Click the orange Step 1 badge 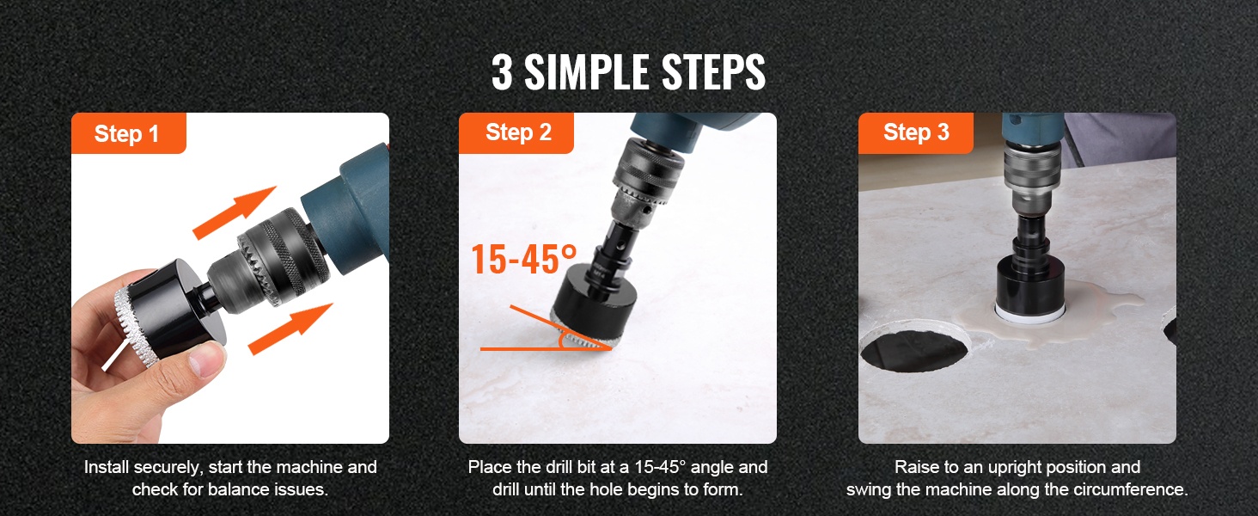(x=129, y=133)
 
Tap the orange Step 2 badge (x=516, y=133)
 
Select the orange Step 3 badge (x=915, y=133)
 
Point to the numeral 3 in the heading (x=502, y=72)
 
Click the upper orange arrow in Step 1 (x=235, y=212)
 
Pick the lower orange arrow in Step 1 (x=290, y=329)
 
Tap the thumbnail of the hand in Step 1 (x=147, y=359)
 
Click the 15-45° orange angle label (x=523, y=260)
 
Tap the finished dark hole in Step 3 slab (x=914, y=350)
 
